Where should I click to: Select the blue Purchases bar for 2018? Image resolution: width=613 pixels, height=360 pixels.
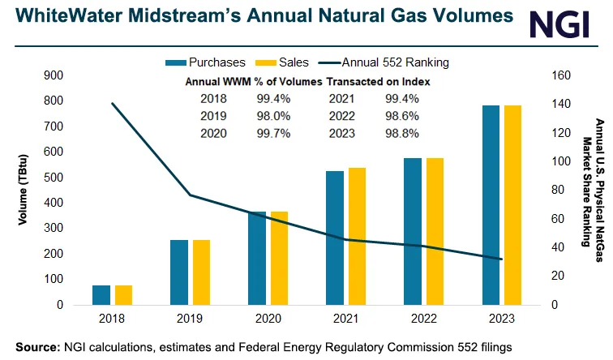pos(101,297)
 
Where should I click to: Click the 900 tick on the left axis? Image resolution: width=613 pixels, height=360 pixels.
pos(53,75)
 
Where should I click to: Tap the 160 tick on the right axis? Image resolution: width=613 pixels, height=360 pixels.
pos(561,75)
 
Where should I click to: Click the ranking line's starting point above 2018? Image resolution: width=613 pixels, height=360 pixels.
pos(113,103)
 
